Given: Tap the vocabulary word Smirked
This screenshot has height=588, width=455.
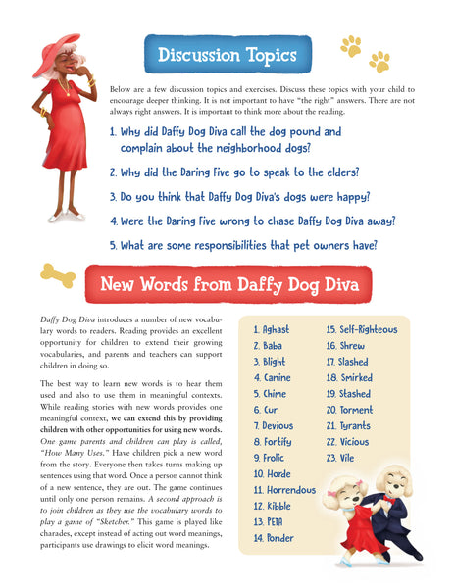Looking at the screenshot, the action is [350, 377].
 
